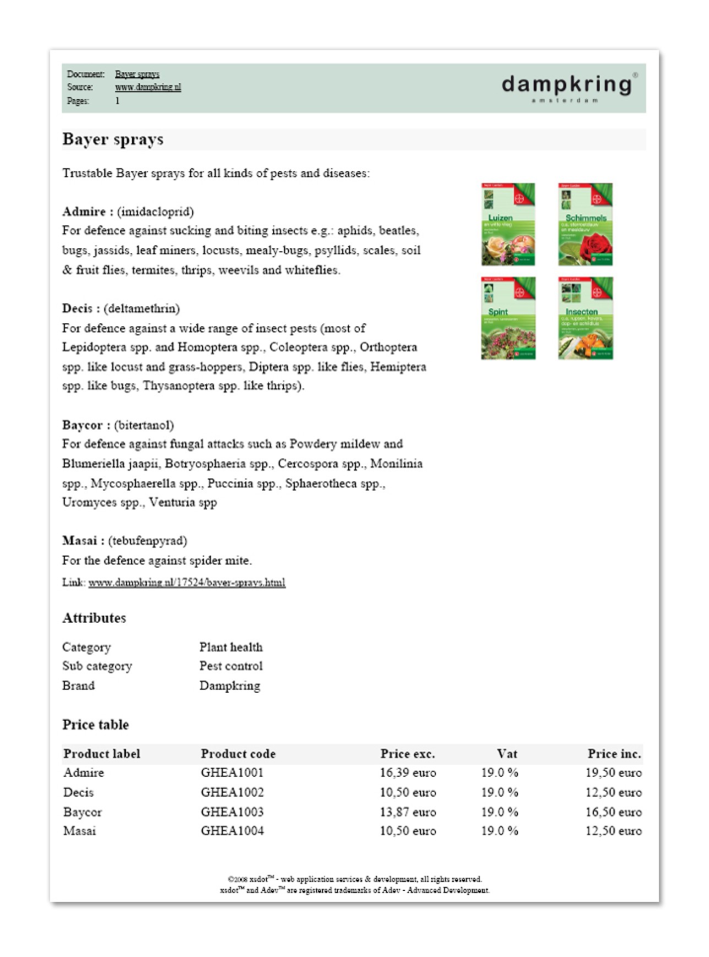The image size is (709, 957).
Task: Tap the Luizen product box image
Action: [x=508, y=224]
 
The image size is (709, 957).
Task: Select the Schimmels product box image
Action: [x=585, y=224]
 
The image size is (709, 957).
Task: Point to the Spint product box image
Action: [x=508, y=318]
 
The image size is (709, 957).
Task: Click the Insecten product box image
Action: [x=585, y=318]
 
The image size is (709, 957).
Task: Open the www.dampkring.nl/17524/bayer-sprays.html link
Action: [x=187, y=583]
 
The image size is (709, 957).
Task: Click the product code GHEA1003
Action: [x=232, y=812]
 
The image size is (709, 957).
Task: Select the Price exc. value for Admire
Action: [x=407, y=773]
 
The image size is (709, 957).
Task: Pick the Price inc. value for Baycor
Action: [x=613, y=812]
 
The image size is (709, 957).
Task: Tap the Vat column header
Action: [x=506, y=754]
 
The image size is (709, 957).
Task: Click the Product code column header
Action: [x=238, y=754]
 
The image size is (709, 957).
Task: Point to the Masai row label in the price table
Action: [x=80, y=831]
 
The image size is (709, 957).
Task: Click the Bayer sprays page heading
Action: [x=113, y=139]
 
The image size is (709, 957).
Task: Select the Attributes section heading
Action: [x=94, y=618]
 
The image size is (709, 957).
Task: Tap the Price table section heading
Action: [x=95, y=725]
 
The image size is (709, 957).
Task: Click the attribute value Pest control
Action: [x=231, y=666]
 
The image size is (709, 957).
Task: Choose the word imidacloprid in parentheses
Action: [x=156, y=212]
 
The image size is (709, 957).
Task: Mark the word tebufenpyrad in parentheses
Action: [x=148, y=541]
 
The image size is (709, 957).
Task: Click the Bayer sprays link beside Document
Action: [x=137, y=74]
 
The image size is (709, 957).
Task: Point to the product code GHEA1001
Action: [x=232, y=773]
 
